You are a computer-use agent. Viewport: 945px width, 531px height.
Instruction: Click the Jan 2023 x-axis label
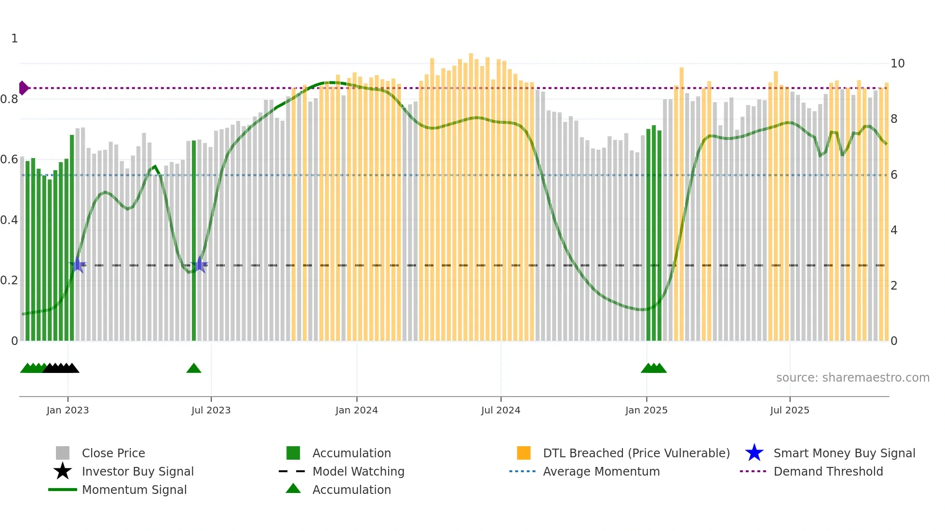tap(67, 410)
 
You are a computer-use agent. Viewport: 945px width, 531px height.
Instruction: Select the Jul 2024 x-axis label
tap(500, 410)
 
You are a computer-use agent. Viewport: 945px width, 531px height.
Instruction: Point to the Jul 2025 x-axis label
tap(789, 410)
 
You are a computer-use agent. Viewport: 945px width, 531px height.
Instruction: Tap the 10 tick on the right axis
tap(897, 64)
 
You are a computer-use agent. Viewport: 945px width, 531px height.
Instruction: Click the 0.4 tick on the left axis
tap(9, 220)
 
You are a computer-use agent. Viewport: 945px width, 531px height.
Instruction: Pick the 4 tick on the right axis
tap(893, 230)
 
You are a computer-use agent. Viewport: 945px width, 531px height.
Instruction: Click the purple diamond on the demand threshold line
tap(23, 88)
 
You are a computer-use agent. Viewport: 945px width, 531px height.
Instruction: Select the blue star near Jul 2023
tap(200, 265)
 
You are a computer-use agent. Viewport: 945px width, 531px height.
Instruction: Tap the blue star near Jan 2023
tap(77, 265)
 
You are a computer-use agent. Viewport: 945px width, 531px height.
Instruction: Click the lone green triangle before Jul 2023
tap(194, 369)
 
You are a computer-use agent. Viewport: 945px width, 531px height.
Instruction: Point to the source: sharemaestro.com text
tap(852, 378)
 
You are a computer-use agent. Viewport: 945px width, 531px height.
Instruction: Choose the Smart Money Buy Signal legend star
tap(754, 453)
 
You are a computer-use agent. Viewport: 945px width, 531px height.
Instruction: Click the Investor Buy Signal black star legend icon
tap(63, 471)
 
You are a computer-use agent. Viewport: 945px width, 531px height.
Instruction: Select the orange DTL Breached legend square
tap(524, 453)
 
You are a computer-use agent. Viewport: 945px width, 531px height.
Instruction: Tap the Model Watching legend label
tap(358, 471)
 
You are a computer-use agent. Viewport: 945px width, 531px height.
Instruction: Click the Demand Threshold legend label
tap(828, 471)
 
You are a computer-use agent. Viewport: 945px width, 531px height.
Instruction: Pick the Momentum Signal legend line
tap(63, 490)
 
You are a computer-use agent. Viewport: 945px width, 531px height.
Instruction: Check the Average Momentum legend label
tap(601, 471)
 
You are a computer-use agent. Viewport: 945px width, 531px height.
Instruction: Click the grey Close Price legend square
tap(63, 453)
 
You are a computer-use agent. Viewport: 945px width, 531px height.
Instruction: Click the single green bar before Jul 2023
tap(194, 241)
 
